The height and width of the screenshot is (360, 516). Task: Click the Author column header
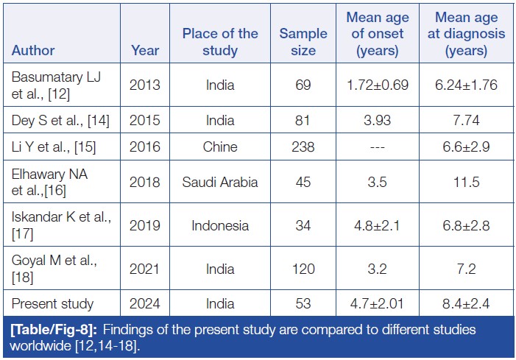33,51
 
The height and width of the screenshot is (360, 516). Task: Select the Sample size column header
297,42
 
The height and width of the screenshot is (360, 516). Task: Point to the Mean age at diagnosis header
465,34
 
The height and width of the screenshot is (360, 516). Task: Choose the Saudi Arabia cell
220,181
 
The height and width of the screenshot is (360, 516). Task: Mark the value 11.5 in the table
465,181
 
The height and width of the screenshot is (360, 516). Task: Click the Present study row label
52,303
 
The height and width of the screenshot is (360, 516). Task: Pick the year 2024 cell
144,303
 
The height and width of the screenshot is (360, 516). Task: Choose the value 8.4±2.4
465,303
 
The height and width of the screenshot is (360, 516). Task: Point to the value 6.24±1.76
465,84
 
